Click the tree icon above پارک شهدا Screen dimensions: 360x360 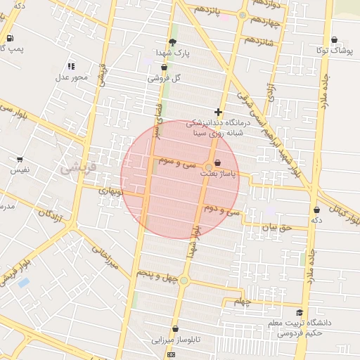[172, 42]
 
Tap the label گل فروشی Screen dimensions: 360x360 [164, 79]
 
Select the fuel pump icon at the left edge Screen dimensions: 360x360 [10, 38]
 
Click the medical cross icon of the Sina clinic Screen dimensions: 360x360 [219, 112]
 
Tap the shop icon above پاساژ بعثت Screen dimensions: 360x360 [226, 162]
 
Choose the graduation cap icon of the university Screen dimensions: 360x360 [300, 313]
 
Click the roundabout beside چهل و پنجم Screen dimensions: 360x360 [184, 281]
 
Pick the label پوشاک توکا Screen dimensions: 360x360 [333, 51]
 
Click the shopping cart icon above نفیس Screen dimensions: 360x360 [19, 160]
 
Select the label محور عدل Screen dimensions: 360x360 [71, 77]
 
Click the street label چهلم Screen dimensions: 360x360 [243, 302]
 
